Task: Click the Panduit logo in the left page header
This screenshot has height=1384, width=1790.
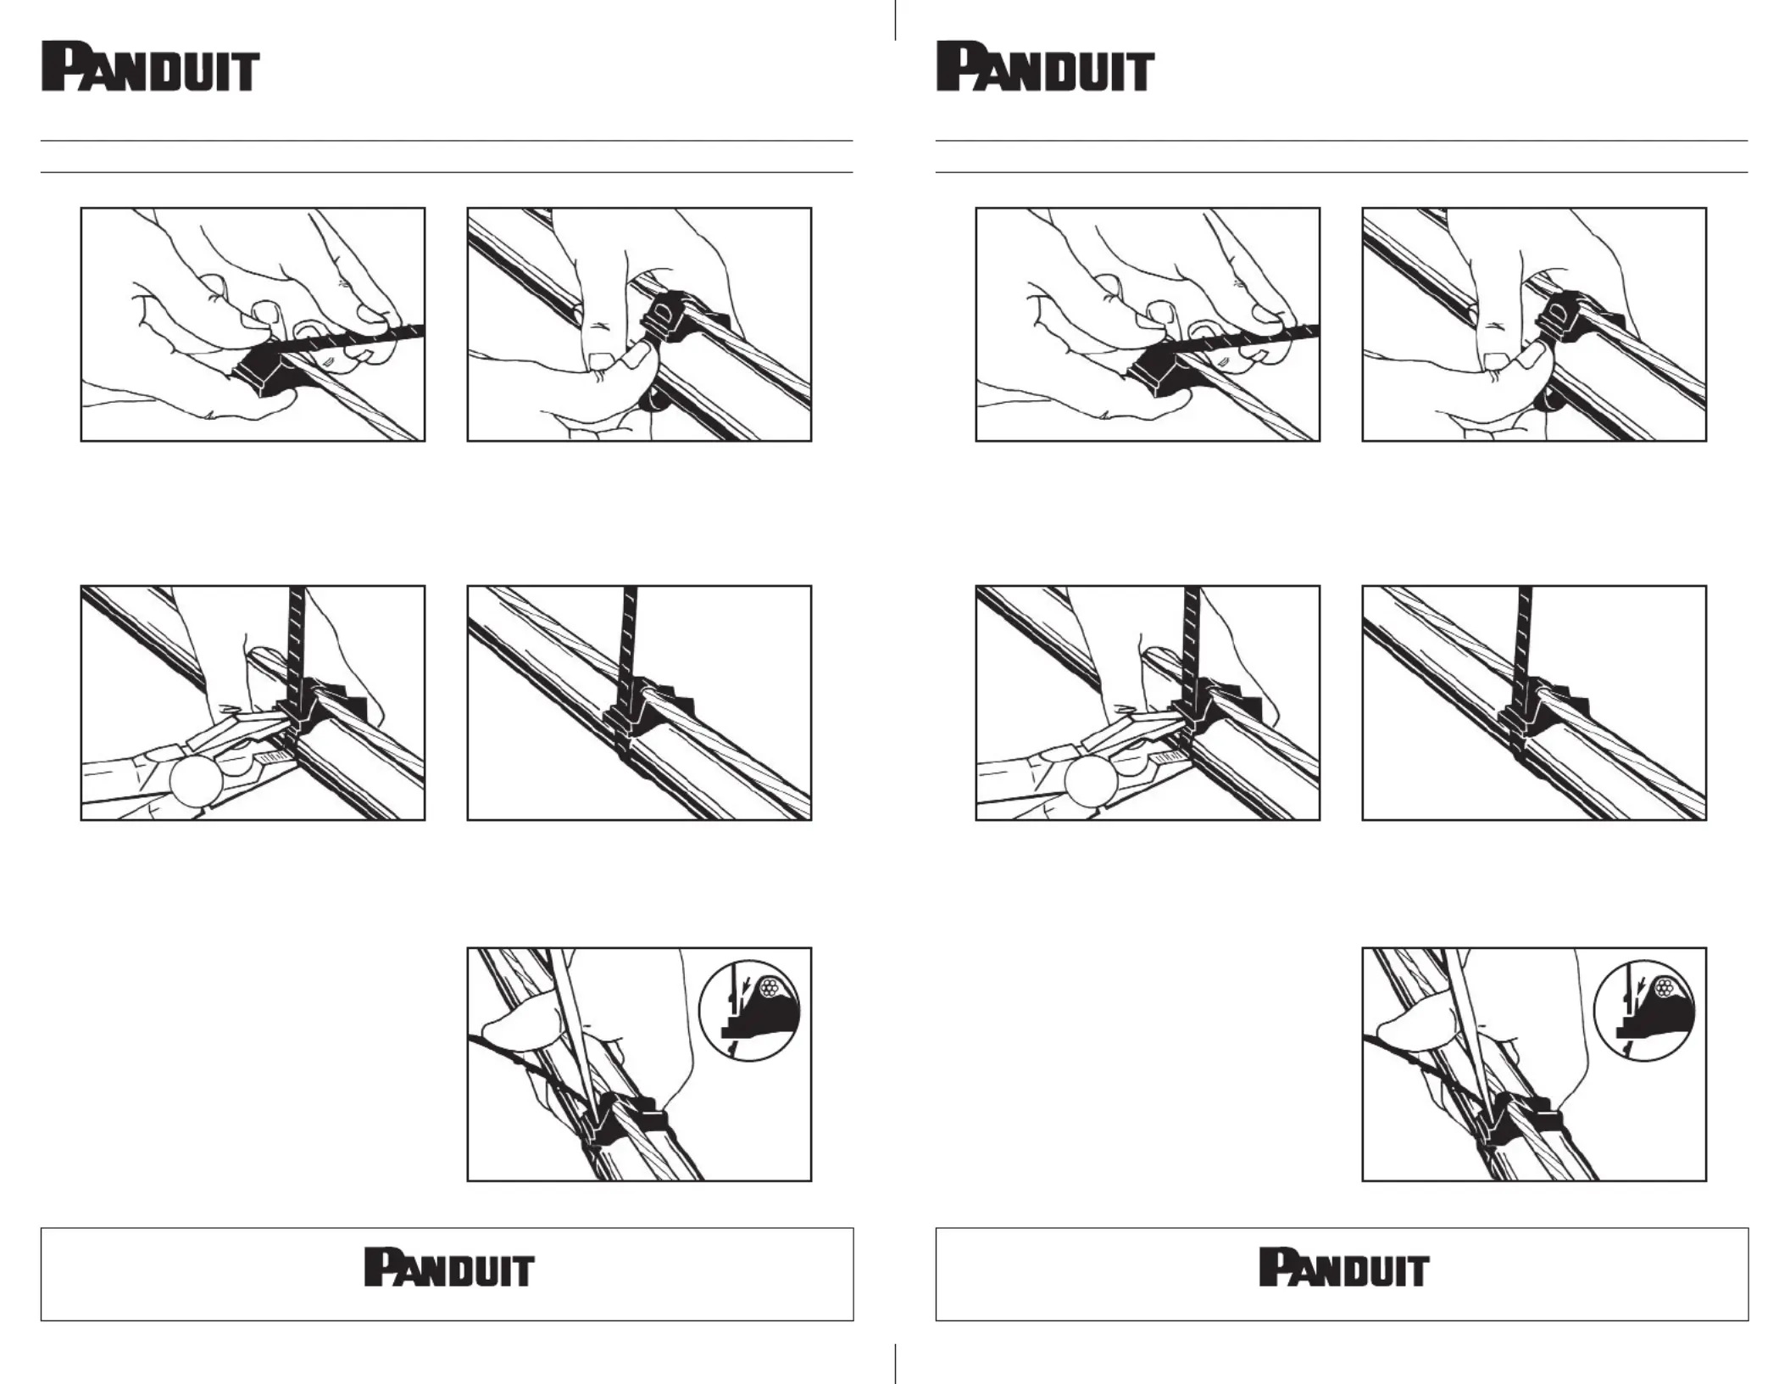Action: coord(150,67)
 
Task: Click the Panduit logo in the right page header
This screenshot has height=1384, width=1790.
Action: coord(1045,67)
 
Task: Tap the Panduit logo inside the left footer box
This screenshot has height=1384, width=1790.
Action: coord(449,1267)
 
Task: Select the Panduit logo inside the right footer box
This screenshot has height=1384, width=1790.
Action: coord(1344,1267)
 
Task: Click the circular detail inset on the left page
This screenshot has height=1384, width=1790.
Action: coord(749,1010)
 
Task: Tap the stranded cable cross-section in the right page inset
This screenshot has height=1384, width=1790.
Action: coord(1665,987)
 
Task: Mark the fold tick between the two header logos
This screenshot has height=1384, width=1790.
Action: coord(895,20)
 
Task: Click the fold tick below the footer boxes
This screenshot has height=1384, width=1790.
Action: coord(895,1363)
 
